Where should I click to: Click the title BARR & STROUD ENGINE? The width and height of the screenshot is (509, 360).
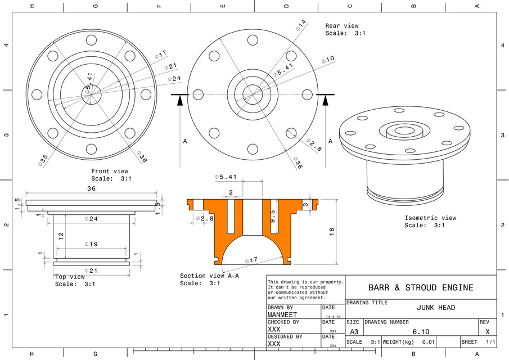point(421,287)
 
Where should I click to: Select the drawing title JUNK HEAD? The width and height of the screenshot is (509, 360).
point(436,308)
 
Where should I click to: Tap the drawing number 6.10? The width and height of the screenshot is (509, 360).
point(421,332)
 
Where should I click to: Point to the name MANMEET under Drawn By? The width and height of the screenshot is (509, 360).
point(282,315)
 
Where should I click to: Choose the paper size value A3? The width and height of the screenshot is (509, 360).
point(354,332)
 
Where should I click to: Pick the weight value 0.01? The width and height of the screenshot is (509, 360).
point(429,342)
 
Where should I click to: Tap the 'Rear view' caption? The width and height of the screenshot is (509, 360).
point(341,26)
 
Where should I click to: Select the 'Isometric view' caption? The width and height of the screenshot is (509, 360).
point(430,218)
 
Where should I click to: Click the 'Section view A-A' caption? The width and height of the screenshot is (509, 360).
point(209,276)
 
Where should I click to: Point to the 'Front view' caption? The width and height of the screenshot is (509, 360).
point(110,172)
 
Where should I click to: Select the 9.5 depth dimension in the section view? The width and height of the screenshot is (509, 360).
point(272,216)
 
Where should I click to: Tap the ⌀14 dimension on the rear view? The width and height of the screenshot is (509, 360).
point(301,25)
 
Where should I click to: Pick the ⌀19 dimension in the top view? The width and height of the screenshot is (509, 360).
point(91,244)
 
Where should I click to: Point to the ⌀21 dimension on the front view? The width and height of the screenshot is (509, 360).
point(169,66)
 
